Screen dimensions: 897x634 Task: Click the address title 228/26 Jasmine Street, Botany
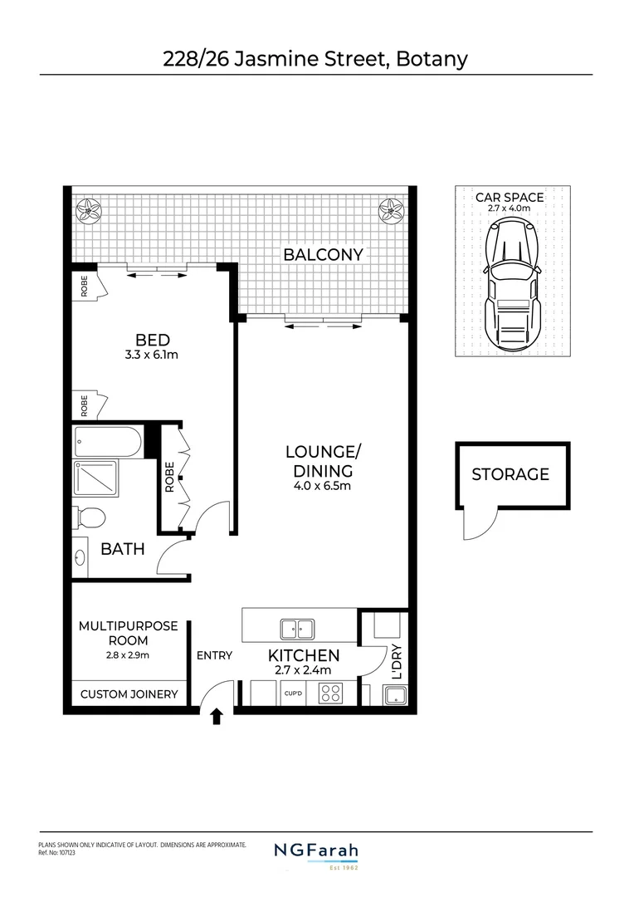pos(316,58)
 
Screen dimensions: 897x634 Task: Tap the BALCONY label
pos(323,254)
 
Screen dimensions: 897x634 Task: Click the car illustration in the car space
pos(513,287)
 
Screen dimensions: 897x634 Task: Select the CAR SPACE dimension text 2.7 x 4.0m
pos(509,209)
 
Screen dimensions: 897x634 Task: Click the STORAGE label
pos(510,474)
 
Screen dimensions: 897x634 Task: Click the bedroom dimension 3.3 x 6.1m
pos(152,355)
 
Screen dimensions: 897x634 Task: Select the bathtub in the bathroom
pos(108,441)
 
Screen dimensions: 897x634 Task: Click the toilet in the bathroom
pos(89,518)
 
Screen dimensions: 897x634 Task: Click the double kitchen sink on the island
pos(296,629)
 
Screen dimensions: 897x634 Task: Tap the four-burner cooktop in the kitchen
pos(331,693)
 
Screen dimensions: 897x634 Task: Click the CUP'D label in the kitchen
pos(292,693)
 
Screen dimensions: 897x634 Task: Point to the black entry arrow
pos(217,716)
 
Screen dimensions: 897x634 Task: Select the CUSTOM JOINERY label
pos(129,694)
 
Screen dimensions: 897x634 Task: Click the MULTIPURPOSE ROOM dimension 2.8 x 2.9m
pos(127,655)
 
